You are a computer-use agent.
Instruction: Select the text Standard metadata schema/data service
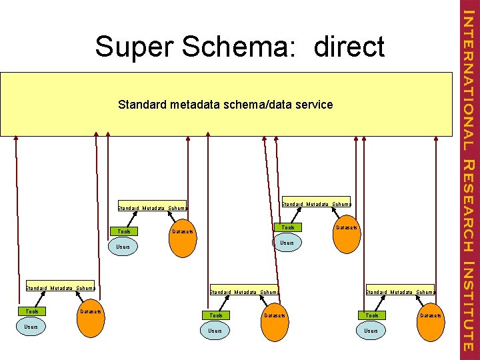coord(225,105)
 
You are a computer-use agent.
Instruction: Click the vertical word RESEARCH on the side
coord(468,206)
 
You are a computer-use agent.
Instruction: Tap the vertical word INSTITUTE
coord(468,307)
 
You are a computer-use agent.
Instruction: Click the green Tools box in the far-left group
coord(32,311)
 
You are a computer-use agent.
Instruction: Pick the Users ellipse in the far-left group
coord(30,327)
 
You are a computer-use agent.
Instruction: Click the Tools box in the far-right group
coord(371,315)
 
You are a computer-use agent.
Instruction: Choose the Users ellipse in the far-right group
coord(371,331)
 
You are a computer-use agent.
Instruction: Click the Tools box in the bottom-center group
coord(216,315)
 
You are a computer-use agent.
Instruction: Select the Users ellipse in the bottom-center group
coord(215,331)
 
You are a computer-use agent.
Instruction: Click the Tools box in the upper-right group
coord(287,227)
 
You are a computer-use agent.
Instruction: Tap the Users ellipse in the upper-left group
coord(123,247)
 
